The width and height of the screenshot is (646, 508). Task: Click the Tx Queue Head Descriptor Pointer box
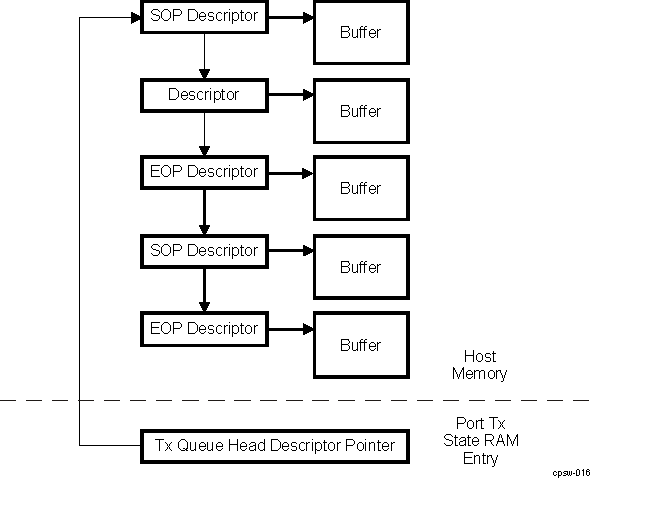pyautogui.click(x=275, y=445)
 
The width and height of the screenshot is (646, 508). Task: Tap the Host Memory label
pyautogui.click(x=479, y=365)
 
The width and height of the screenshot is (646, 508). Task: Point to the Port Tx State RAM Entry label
pyautogui.click(x=487, y=440)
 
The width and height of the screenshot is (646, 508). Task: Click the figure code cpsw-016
pyautogui.click(x=570, y=473)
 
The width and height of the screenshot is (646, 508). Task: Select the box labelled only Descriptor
pyautogui.click(x=204, y=95)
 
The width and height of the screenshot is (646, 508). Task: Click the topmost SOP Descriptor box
pyautogui.click(x=204, y=16)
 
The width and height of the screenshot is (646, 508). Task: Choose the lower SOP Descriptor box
pyautogui.click(x=204, y=251)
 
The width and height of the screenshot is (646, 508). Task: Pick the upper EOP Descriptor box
pyautogui.click(x=204, y=172)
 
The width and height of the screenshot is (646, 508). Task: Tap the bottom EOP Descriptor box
pyautogui.click(x=204, y=329)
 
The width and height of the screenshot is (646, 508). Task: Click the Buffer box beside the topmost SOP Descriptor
pyautogui.click(x=361, y=32)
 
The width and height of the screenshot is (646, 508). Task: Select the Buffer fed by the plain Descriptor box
pyautogui.click(x=361, y=111)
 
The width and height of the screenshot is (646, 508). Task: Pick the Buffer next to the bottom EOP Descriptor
pyautogui.click(x=361, y=345)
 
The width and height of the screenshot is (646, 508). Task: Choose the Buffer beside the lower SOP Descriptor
pyautogui.click(x=361, y=267)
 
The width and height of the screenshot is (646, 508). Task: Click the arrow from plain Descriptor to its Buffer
pyautogui.click(x=291, y=95)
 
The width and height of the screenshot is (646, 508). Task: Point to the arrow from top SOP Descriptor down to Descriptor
pyautogui.click(x=204, y=55)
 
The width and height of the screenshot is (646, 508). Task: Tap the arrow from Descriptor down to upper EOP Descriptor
pyautogui.click(x=204, y=133)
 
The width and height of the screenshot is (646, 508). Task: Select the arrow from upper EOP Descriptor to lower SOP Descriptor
pyautogui.click(x=204, y=211)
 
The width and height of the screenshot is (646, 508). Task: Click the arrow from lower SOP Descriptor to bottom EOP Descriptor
pyautogui.click(x=204, y=290)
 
